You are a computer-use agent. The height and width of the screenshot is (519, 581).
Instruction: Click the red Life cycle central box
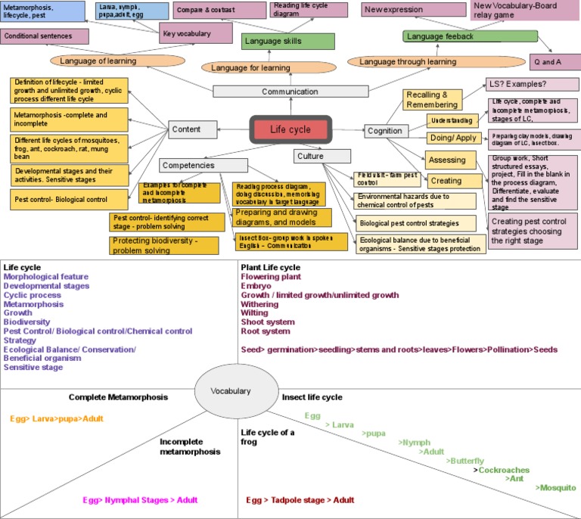pos(290,129)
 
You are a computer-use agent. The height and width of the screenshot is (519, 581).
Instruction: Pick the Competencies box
pos(188,165)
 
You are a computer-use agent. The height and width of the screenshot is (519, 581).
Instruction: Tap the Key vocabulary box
pos(196,33)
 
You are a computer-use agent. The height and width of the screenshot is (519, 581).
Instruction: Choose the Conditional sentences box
pos(45,36)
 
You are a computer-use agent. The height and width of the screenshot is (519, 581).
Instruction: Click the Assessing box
pos(447,160)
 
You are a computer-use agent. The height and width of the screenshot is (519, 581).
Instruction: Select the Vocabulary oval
pos(231,390)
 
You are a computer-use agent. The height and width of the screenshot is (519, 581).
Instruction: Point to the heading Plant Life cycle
pos(270,267)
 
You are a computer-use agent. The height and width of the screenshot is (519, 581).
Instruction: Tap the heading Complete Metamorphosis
pos(118,396)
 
